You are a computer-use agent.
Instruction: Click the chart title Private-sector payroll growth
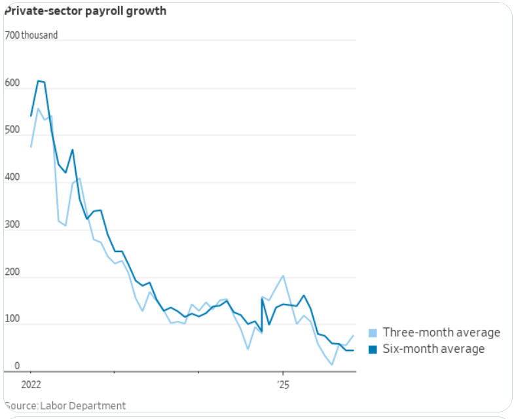point(85,11)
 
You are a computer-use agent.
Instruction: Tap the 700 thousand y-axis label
point(31,35)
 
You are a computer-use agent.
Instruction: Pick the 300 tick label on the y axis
point(12,224)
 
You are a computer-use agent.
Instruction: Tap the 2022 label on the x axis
point(31,384)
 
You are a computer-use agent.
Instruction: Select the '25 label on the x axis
point(282,384)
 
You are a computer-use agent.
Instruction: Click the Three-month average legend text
point(441,333)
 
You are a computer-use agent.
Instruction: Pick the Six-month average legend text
point(433,349)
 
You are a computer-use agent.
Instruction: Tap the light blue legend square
point(373,333)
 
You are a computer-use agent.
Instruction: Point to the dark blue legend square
point(373,349)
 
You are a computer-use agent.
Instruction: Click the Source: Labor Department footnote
point(65,406)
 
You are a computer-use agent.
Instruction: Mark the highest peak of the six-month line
point(39,81)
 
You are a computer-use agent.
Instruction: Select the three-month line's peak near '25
point(282,276)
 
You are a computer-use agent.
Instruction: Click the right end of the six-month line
point(354,350)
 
